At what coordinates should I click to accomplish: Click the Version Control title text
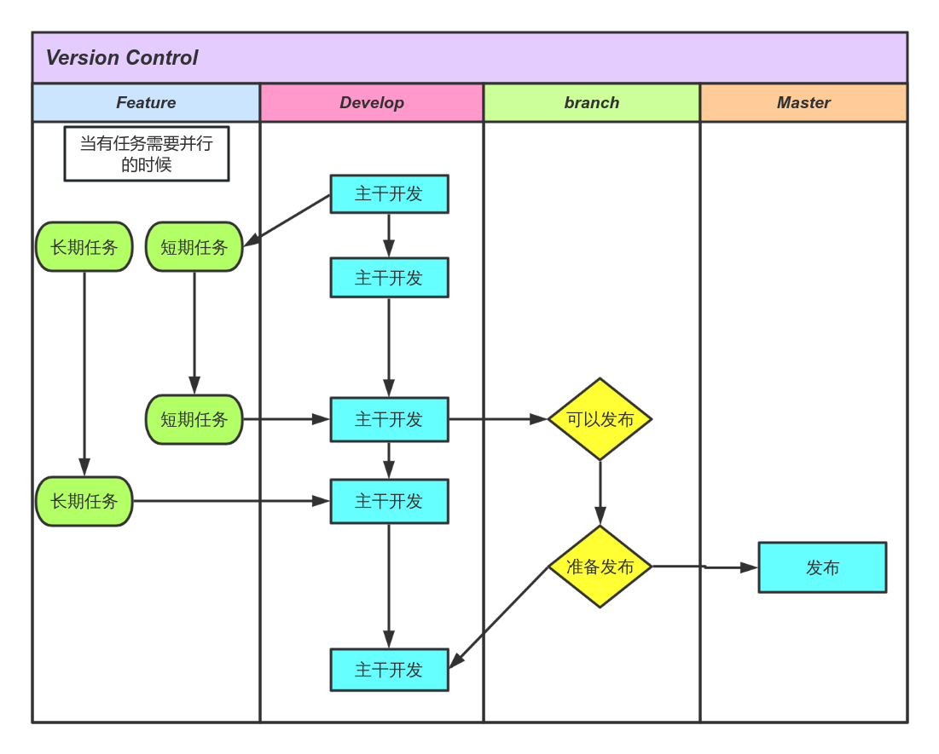tap(121, 58)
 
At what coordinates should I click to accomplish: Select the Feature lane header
tap(146, 103)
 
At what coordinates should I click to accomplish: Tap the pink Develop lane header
tap(372, 103)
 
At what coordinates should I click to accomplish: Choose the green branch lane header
tap(591, 103)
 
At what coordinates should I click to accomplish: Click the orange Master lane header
tap(803, 103)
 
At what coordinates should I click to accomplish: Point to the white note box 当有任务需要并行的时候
tap(147, 154)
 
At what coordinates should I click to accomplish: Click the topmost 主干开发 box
tap(389, 194)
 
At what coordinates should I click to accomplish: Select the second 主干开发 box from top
tap(389, 278)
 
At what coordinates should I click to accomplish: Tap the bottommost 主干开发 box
tap(389, 670)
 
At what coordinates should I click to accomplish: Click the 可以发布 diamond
tap(600, 419)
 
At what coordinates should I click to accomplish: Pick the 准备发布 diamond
tap(600, 567)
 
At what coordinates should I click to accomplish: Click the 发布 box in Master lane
tap(822, 567)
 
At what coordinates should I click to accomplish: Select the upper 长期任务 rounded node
tap(84, 247)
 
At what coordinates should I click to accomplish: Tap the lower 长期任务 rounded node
tap(84, 501)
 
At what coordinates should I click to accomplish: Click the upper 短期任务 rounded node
tap(194, 247)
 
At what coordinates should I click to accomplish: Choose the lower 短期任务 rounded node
tap(194, 419)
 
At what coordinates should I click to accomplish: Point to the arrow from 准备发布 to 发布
tap(704, 567)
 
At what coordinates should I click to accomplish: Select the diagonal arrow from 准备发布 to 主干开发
tap(499, 617)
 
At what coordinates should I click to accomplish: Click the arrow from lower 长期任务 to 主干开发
tap(230, 501)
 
